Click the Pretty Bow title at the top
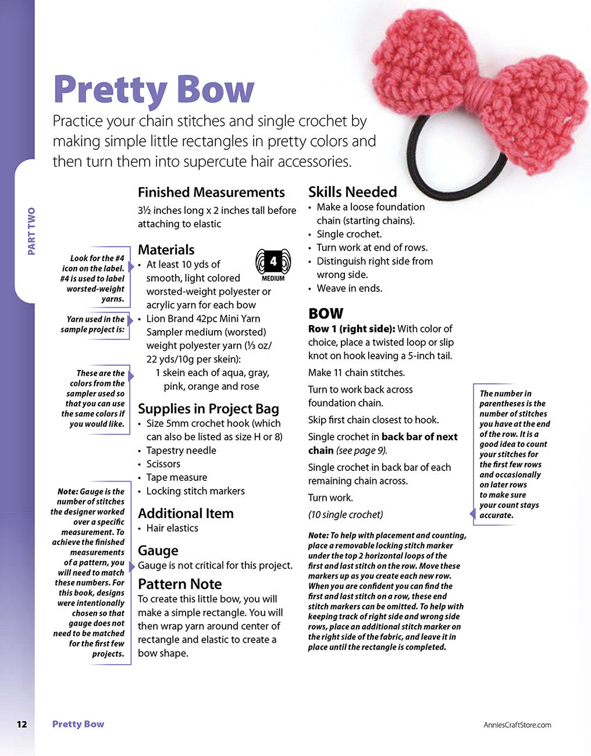(x=154, y=90)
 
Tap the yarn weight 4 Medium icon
(x=273, y=264)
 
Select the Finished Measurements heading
(x=211, y=192)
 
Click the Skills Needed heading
(x=353, y=192)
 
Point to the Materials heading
(x=166, y=249)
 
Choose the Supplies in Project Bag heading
(x=208, y=409)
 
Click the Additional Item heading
(x=186, y=513)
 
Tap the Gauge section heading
(x=158, y=551)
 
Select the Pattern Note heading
(x=180, y=584)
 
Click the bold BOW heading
(x=326, y=313)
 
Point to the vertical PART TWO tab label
(x=31, y=231)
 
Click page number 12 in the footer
(x=22, y=724)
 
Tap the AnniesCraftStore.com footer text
(x=517, y=725)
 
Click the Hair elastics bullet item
(x=172, y=528)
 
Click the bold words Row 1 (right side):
(x=351, y=329)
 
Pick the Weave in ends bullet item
(x=349, y=288)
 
